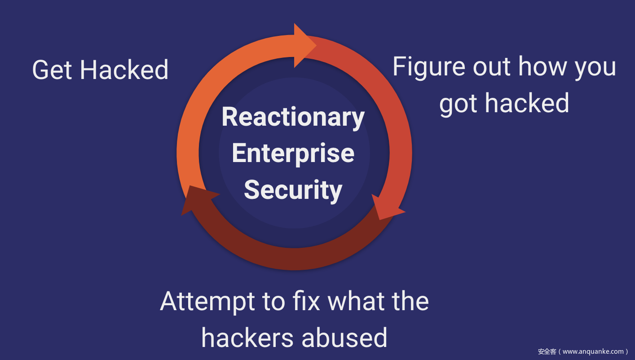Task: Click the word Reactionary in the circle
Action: (293, 117)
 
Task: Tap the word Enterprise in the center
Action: (293, 154)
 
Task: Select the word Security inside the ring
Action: (293, 190)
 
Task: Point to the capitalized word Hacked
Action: (124, 70)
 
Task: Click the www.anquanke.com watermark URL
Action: (593, 351)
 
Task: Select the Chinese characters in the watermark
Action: (547, 351)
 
